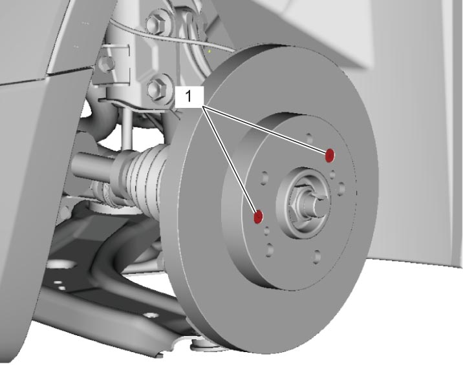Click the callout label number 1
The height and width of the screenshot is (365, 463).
[188, 96]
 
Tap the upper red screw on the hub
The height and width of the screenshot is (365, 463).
[330, 156]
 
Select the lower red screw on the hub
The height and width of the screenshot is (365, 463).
[258, 217]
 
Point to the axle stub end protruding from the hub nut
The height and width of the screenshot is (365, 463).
[320, 203]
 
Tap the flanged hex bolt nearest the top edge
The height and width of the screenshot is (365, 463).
[156, 22]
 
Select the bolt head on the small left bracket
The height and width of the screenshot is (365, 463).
[106, 63]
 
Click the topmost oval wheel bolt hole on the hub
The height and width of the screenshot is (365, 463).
[309, 138]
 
